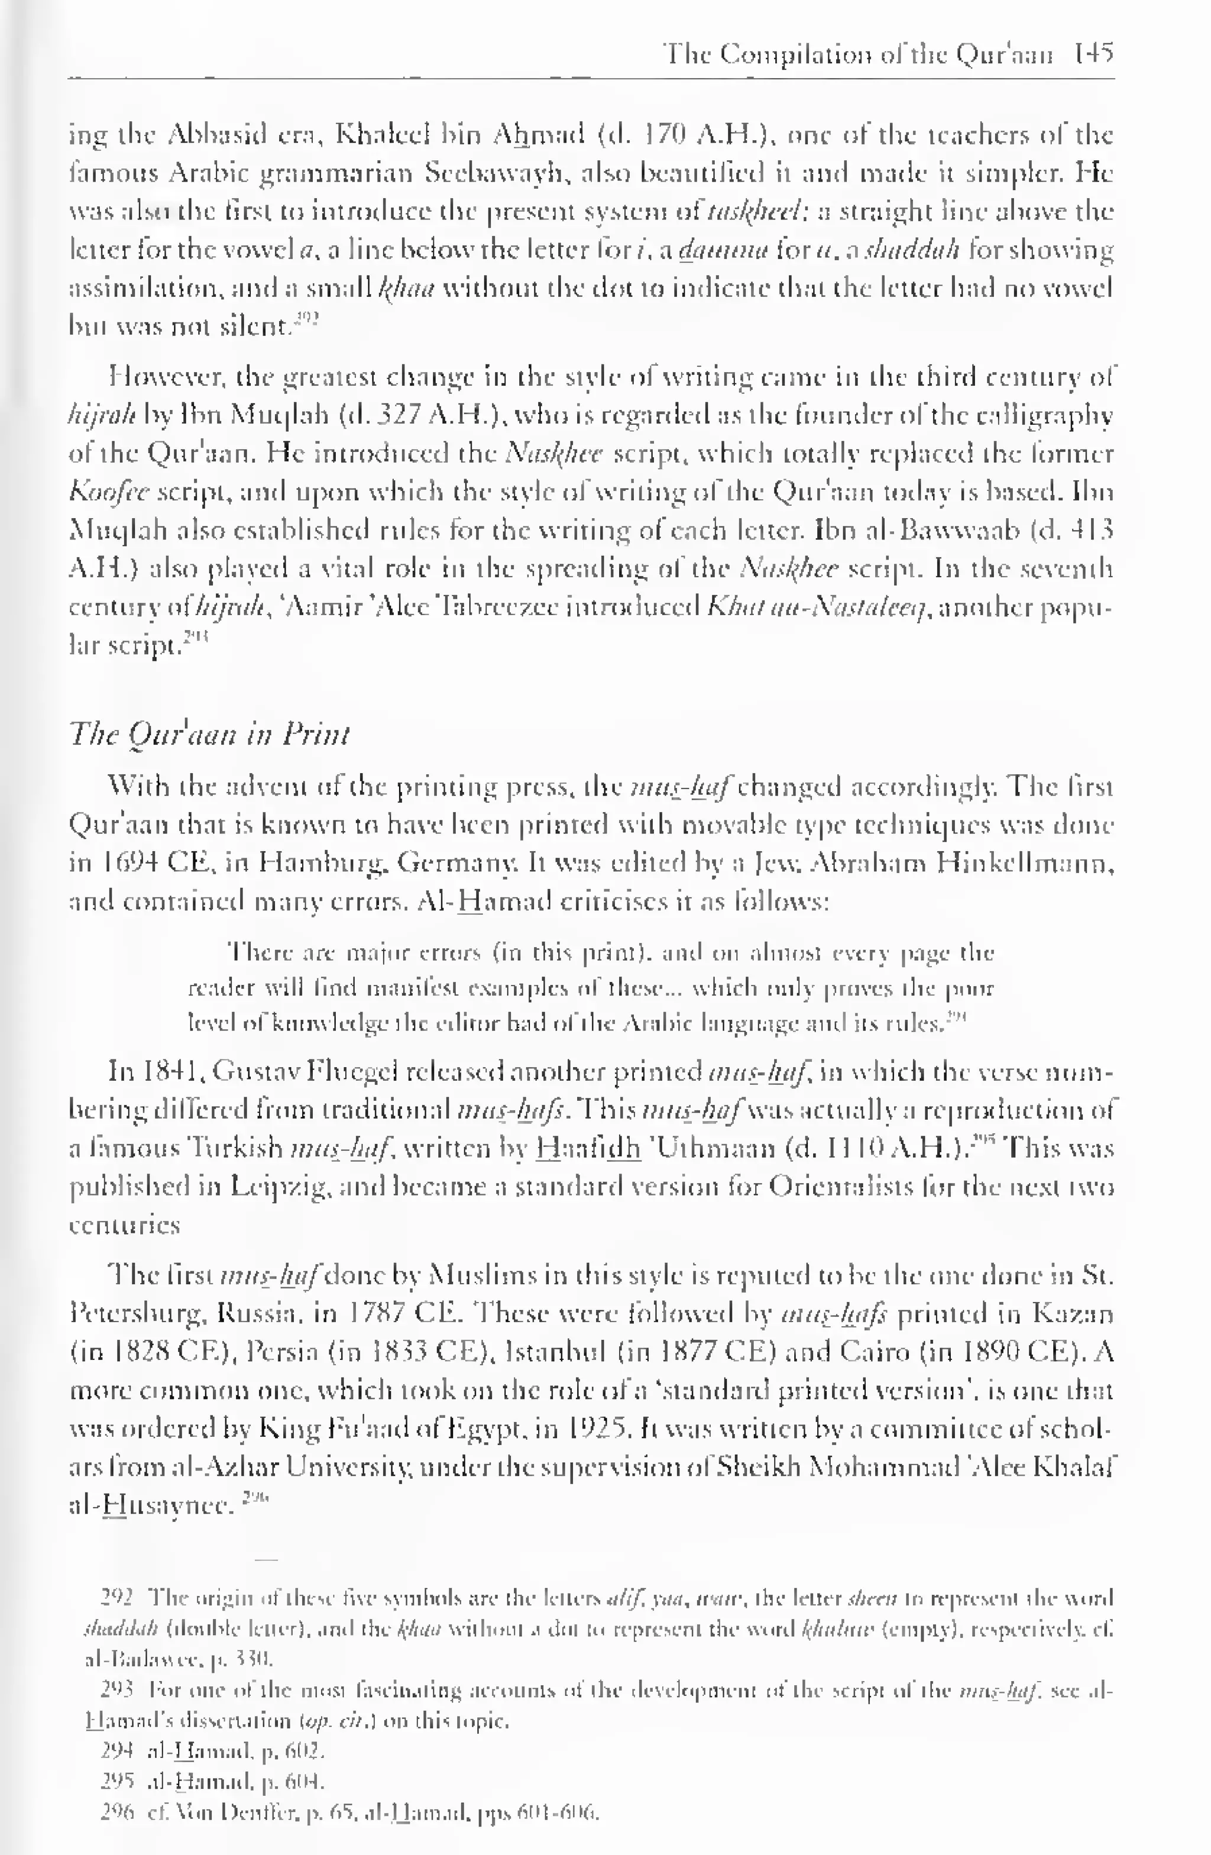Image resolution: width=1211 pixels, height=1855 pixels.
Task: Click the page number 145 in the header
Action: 1093,54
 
